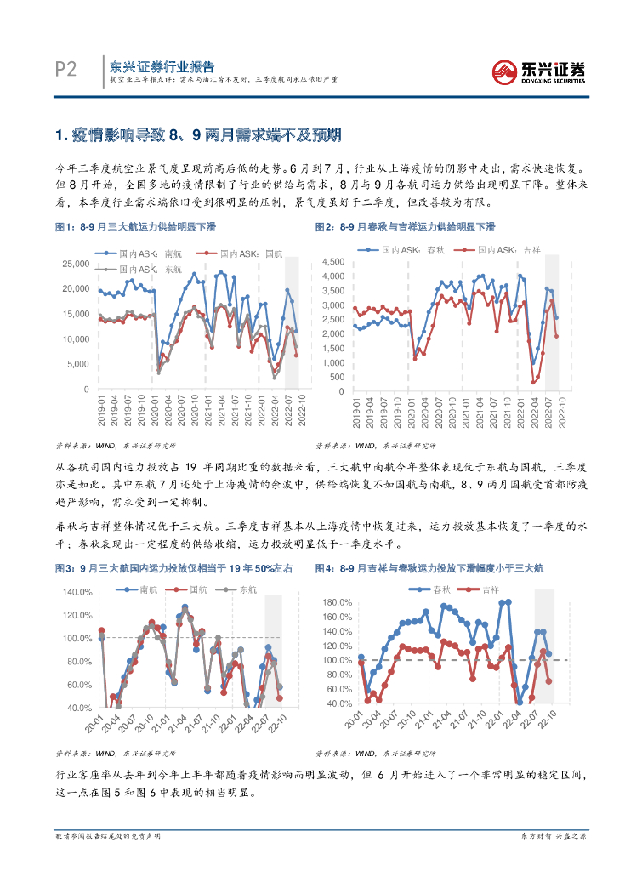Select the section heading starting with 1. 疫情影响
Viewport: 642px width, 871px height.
pyautogui.click(x=197, y=135)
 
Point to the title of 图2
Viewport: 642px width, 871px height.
pyautogui.click(x=405, y=227)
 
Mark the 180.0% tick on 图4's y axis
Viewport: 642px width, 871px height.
pyautogui.click(x=339, y=602)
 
